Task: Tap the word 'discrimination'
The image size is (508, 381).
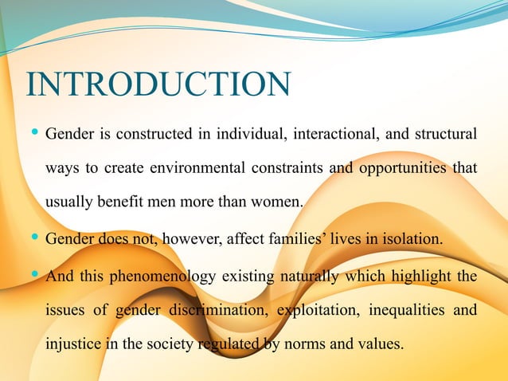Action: pos(223,312)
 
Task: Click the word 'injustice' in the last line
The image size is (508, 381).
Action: pos(71,346)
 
